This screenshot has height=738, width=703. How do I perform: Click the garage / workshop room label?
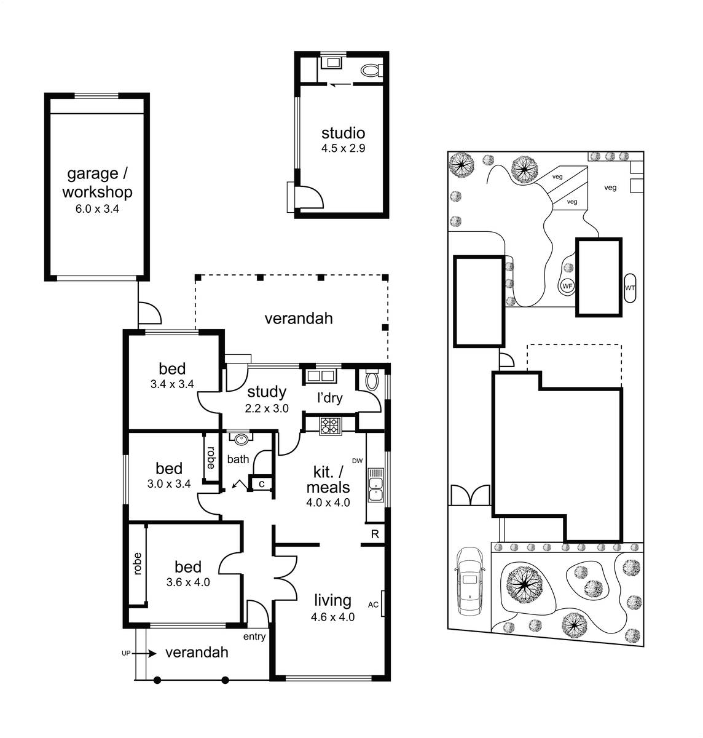click(97, 183)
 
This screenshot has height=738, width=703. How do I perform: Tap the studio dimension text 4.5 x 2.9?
click(343, 148)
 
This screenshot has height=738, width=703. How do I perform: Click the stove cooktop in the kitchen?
click(331, 426)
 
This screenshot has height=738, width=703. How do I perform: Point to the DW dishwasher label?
click(357, 461)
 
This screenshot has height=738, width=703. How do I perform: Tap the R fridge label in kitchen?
click(375, 534)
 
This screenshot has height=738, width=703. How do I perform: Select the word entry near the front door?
click(254, 637)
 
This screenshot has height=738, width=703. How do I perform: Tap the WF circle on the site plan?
click(567, 286)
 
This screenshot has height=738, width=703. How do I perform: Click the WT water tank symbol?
click(630, 288)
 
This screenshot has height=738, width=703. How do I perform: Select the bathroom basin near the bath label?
click(240, 438)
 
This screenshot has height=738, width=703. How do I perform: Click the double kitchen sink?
click(375, 485)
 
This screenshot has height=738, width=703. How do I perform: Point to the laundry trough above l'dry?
click(320, 376)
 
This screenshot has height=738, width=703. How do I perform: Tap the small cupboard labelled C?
click(261, 484)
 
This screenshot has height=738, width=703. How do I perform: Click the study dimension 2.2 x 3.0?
click(267, 408)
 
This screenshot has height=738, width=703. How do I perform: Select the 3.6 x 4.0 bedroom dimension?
click(188, 582)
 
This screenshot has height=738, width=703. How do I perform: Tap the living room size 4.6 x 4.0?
click(332, 617)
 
